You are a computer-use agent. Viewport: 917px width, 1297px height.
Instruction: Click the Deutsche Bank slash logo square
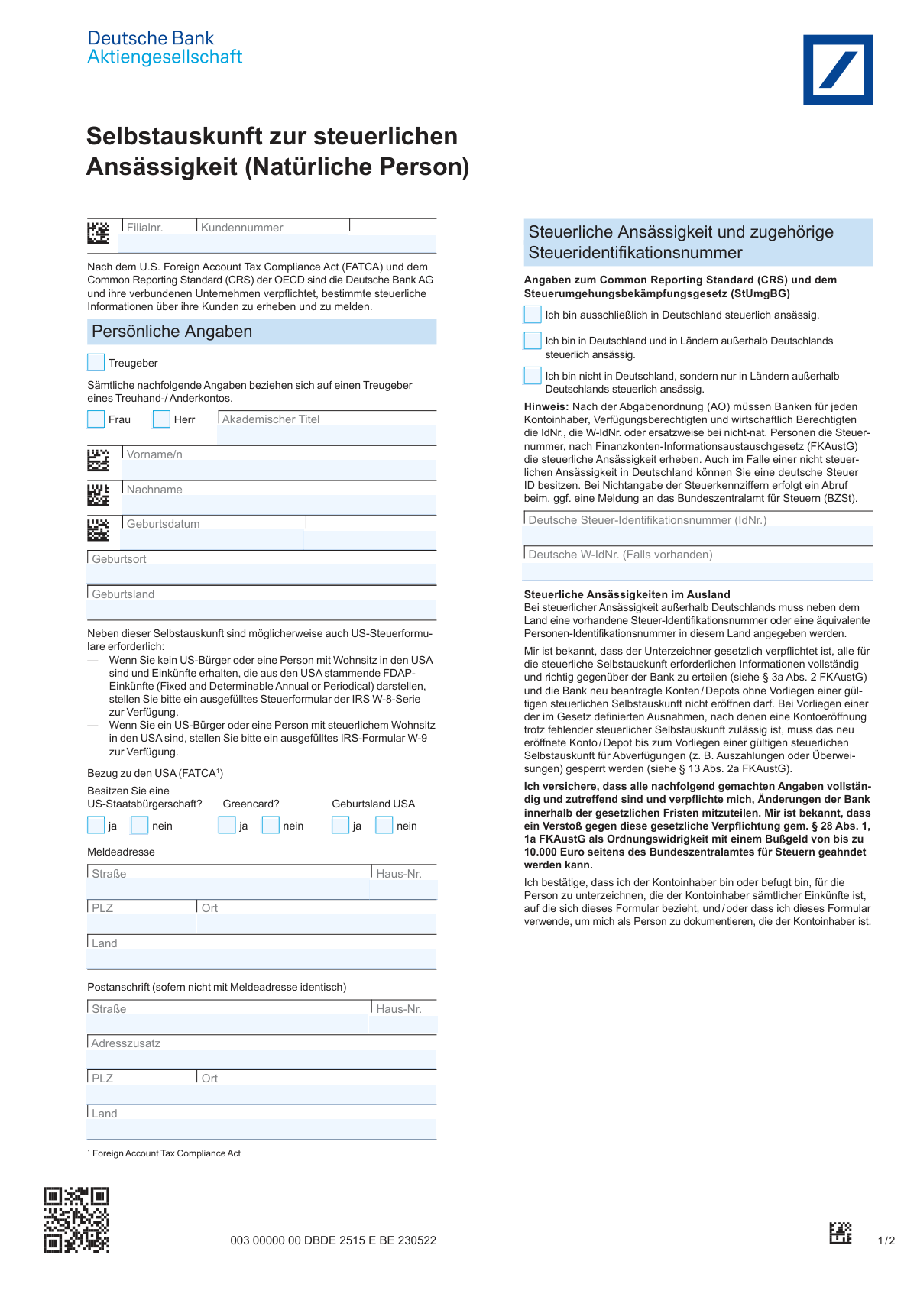point(838,70)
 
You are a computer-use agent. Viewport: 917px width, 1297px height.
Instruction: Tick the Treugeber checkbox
point(96,362)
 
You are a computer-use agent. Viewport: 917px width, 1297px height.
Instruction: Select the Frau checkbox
point(96,419)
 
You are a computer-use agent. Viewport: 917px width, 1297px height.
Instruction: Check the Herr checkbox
point(161,419)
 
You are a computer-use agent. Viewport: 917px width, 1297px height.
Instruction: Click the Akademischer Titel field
point(327,435)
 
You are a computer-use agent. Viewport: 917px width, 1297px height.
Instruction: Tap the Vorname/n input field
point(279,469)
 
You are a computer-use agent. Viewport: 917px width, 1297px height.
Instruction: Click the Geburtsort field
point(261,574)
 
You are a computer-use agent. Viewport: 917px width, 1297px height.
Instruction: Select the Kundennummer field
point(273,243)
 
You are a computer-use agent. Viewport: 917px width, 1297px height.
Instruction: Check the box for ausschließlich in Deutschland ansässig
point(533,314)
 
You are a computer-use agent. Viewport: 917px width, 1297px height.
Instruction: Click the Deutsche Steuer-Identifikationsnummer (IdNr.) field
point(698,535)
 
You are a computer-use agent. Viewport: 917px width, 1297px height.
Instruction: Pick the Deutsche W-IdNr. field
point(698,570)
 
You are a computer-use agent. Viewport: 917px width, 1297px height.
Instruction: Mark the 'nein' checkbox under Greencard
point(271,825)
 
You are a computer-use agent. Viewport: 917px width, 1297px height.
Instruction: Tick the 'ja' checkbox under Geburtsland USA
point(340,825)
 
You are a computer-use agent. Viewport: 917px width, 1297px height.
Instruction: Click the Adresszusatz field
point(261,1058)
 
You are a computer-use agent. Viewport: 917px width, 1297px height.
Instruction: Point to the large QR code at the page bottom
point(76,1220)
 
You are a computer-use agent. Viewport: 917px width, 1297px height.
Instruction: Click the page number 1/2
point(886,1240)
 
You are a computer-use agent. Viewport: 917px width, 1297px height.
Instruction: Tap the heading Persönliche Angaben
point(172,332)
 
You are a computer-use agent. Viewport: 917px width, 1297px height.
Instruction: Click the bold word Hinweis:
point(546,406)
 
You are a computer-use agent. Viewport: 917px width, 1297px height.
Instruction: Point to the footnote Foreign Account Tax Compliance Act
point(166,1153)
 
